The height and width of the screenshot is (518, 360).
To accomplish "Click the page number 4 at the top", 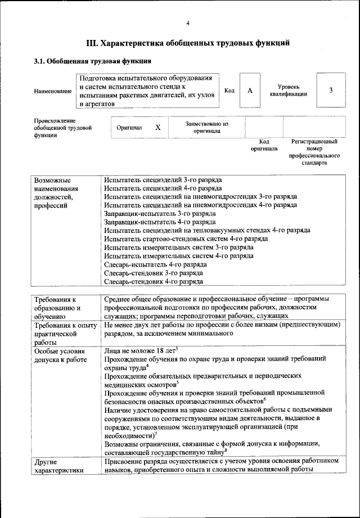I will [x=188, y=22].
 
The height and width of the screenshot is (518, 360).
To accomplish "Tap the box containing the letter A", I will [x=249, y=90].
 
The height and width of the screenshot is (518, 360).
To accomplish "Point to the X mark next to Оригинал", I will [x=158, y=128].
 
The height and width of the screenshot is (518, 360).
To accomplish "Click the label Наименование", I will [x=53, y=91].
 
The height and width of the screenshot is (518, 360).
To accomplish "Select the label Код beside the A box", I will [x=229, y=90].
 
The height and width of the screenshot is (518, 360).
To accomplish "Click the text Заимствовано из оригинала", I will [x=206, y=127].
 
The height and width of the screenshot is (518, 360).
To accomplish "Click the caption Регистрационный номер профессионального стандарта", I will [x=314, y=152].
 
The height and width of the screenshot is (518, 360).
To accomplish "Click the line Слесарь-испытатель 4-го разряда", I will [x=155, y=264].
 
